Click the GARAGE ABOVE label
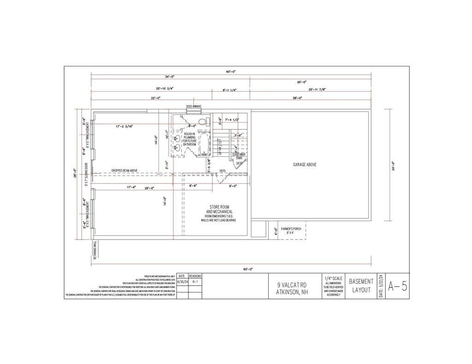(x=305, y=164)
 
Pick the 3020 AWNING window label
(x=194, y=106)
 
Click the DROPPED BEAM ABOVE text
(x=124, y=170)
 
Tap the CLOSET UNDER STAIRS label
(x=239, y=156)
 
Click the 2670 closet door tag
(x=239, y=163)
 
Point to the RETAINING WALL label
(x=95, y=250)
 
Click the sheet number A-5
(x=397, y=286)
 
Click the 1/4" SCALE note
(x=333, y=279)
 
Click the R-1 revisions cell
(x=195, y=281)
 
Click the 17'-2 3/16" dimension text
(x=124, y=126)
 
